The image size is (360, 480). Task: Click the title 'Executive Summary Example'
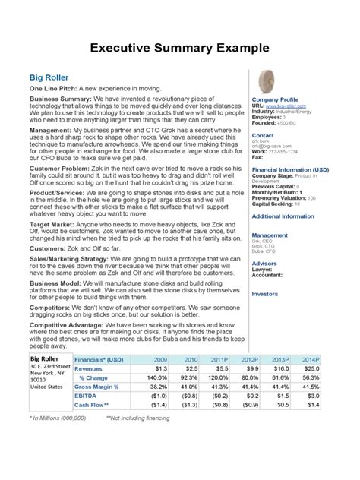[179, 49]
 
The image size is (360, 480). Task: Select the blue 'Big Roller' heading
[49, 77]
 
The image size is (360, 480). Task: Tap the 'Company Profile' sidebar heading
[274, 99]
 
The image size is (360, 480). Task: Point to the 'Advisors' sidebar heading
[265, 264]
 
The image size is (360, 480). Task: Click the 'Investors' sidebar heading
[265, 293]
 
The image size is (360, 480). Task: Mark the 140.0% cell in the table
[156, 377]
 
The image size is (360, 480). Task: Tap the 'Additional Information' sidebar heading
[282, 216]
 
